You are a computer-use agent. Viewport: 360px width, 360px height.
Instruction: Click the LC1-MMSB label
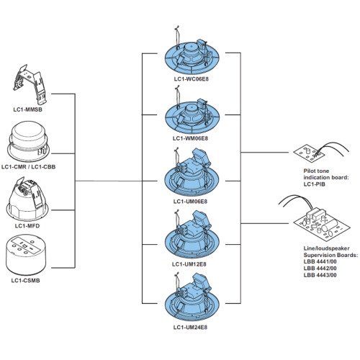click(x=27, y=109)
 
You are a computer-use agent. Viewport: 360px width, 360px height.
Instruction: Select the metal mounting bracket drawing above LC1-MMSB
click(x=30, y=84)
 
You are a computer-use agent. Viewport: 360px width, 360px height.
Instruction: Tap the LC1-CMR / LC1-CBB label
click(x=28, y=166)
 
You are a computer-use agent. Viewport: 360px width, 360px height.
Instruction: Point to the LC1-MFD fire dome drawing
click(x=27, y=199)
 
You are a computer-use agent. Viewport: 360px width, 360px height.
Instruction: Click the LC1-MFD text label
click(x=27, y=226)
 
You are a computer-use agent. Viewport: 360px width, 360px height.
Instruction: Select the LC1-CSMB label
click(x=25, y=280)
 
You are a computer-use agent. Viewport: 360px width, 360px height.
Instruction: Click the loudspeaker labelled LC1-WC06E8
click(x=192, y=54)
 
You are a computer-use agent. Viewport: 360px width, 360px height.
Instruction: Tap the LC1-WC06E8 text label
click(x=192, y=79)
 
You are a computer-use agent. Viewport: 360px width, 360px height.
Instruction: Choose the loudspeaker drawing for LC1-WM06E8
click(x=192, y=114)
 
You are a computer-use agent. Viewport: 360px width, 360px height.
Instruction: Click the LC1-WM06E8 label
click(x=190, y=138)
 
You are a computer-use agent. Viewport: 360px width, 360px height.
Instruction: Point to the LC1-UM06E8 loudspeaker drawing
click(x=192, y=174)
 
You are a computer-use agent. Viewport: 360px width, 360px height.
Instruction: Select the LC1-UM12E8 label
click(x=189, y=264)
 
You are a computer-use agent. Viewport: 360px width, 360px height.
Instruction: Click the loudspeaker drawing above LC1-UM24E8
click(x=192, y=299)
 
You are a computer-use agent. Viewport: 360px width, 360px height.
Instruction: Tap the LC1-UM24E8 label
click(x=190, y=327)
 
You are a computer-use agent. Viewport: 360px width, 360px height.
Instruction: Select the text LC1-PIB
click(x=314, y=184)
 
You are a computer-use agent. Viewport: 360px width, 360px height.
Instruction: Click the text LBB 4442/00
click(x=320, y=268)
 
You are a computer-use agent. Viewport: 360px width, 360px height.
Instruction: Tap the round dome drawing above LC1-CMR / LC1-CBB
click(x=28, y=142)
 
